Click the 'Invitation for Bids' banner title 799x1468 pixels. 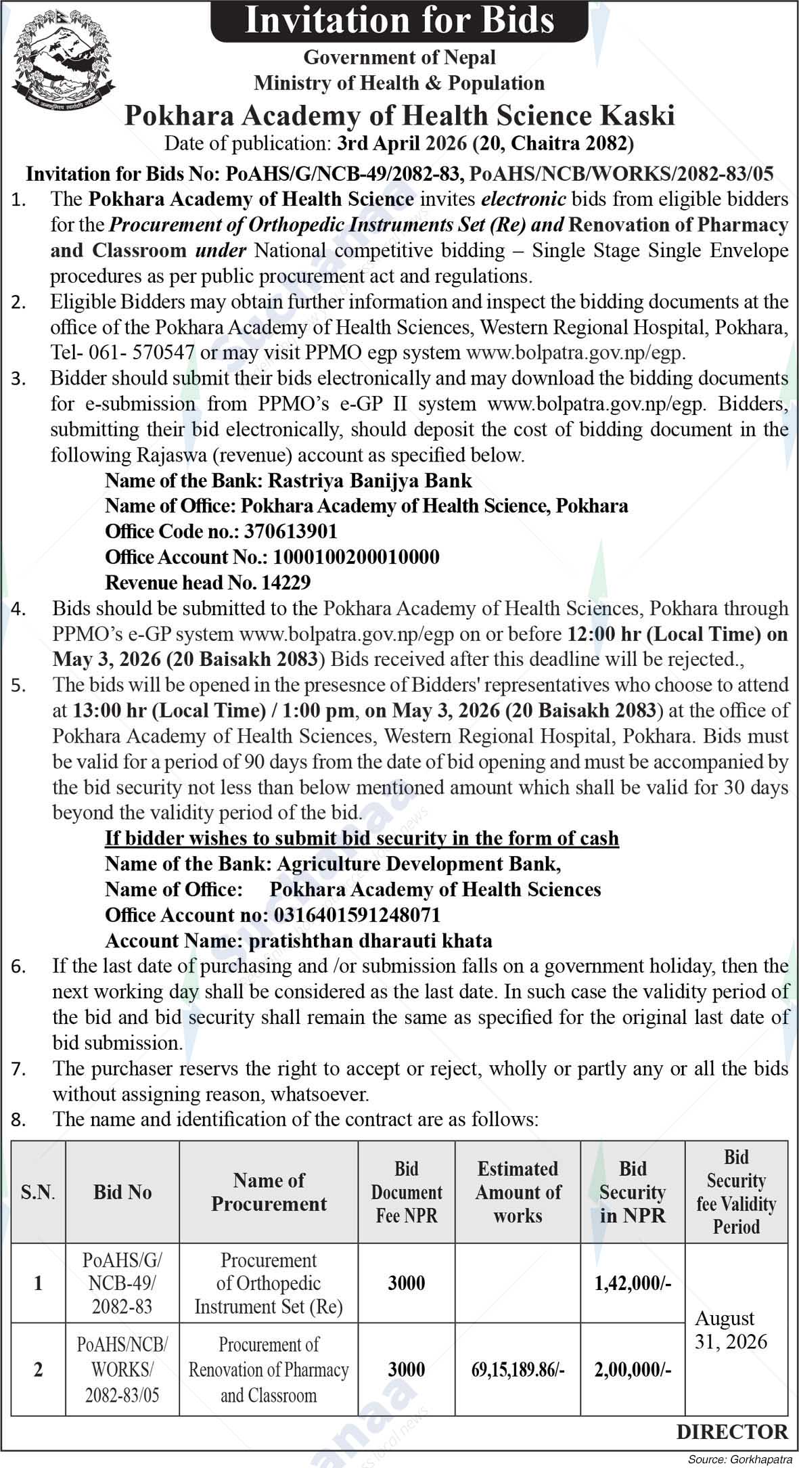(x=399, y=20)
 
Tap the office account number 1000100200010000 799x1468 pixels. (x=356, y=557)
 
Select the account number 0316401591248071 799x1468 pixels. (x=357, y=915)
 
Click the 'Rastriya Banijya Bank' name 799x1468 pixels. (x=370, y=481)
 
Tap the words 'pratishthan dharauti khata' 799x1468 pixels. (x=371, y=941)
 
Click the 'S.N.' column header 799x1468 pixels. (x=38, y=1192)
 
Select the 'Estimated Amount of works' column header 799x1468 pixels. (x=518, y=1192)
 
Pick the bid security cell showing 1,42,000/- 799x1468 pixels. (x=633, y=1283)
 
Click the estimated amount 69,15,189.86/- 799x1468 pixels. (x=518, y=1370)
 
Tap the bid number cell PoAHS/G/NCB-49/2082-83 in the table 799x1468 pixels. (x=122, y=1283)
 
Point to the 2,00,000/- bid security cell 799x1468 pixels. (x=633, y=1370)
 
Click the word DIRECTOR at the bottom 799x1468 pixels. (x=732, y=1431)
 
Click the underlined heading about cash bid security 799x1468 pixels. (x=362, y=839)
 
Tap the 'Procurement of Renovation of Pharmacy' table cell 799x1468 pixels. (x=269, y=1370)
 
